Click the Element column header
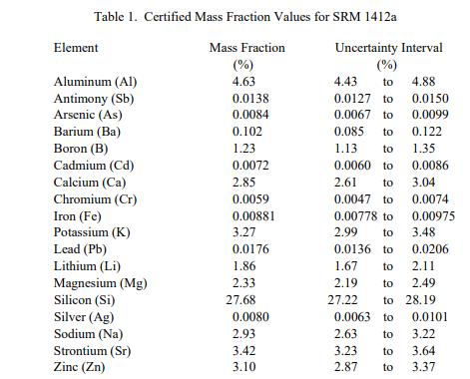(x=76, y=48)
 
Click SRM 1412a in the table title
(x=364, y=16)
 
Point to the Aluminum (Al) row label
(x=96, y=82)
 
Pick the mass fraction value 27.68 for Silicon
(x=240, y=300)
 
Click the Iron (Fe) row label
(x=78, y=216)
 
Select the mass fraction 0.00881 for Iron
(x=253, y=216)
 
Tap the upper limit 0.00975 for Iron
(x=433, y=216)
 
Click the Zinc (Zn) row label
(x=80, y=367)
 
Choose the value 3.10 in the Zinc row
(x=243, y=367)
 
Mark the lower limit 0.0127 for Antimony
(x=352, y=99)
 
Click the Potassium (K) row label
(x=92, y=232)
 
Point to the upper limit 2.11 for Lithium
(x=423, y=266)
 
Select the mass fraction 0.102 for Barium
(x=247, y=132)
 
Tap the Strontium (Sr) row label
(x=93, y=351)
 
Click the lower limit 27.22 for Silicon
(x=342, y=300)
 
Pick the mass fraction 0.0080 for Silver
(x=250, y=317)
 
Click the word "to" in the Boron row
(x=388, y=149)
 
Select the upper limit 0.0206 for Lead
(x=430, y=249)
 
